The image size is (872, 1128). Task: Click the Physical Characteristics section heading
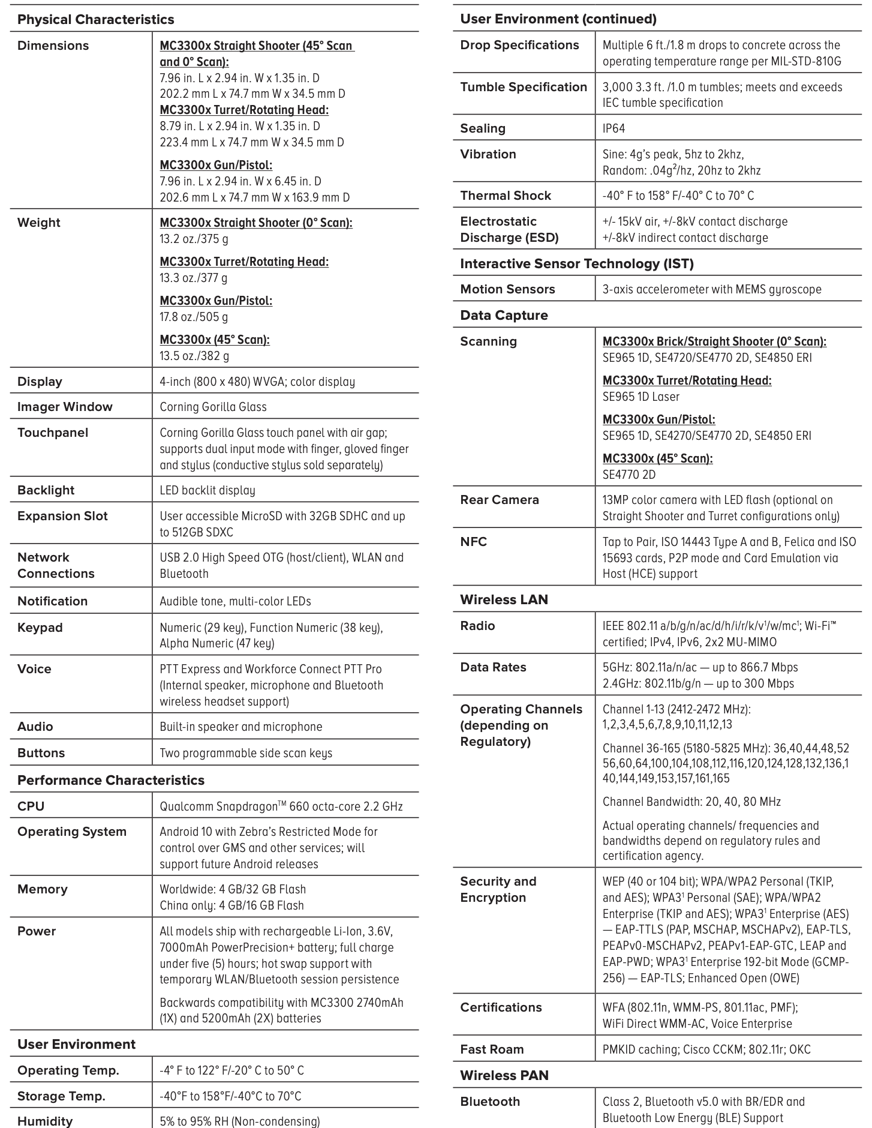(95, 19)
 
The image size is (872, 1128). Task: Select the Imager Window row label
(65, 407)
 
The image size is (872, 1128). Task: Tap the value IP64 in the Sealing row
(614, 128)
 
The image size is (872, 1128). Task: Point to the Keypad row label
(40, 628)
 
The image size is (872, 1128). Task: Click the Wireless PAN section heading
(504, 1075)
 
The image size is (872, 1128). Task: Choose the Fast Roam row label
(492, 1049)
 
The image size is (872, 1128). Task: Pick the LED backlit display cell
(207, 490)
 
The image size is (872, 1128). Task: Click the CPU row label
(31, 806)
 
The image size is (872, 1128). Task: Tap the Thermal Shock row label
(505, 196)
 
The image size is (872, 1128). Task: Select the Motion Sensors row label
(507, 289)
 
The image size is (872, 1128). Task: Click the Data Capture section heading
(504, 316)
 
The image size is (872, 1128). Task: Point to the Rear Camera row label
(499, 500)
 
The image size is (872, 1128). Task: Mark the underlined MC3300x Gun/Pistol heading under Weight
(216, 301)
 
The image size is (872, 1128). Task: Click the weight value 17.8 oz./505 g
(194, 317)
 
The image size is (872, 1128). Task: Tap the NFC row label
(473, 542)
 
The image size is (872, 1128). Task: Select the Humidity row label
(45, 1121)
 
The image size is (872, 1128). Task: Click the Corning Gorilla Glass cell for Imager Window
(213, 407)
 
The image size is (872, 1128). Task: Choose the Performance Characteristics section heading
(110, 780)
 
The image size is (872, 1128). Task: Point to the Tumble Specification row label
(523, 87)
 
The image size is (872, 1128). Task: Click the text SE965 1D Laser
(641, 397)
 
